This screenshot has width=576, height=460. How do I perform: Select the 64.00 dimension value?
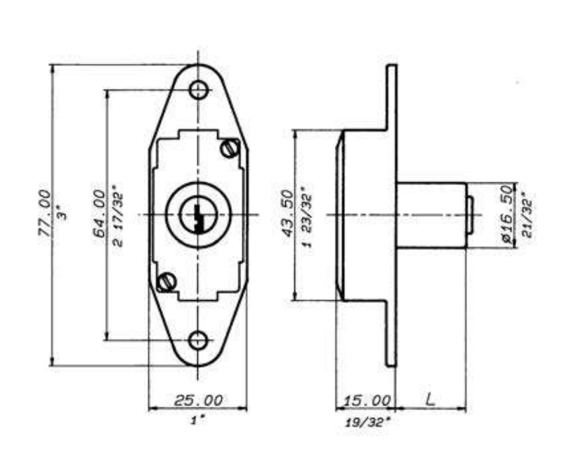99,213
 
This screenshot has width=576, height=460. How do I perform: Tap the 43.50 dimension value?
287,213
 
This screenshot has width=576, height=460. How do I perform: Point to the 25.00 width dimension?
198,400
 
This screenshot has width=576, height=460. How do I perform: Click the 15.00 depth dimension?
367,400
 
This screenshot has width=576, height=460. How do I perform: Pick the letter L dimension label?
430,399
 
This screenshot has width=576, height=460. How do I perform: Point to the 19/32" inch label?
367,422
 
